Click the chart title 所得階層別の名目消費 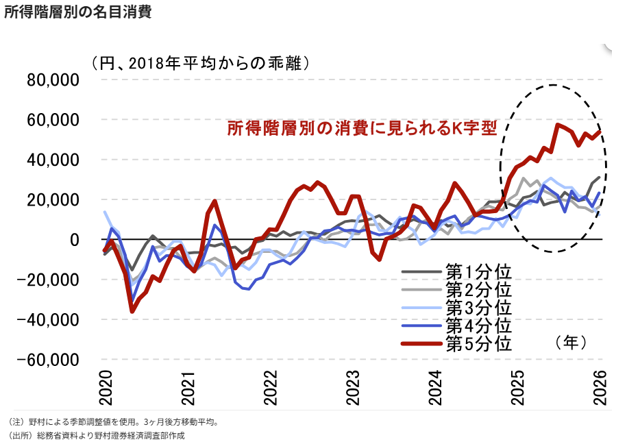pyautogui.click(x=78, y=12)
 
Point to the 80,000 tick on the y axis pyautogui.click(x=53, y=80)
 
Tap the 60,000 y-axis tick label pyautogui.click(x=53, y=120)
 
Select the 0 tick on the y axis pyautogui.click(x=75, y=240)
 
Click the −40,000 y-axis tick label pyautogui.click(x=48, y=320)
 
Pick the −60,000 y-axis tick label pyautogui.click(x=48, y=360)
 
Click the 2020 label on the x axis pyautogui.click(x=106, y=388)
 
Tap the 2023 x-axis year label pyautogui.click(x=354, y=388)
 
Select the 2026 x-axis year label pyautogui.click(x=601, y=388)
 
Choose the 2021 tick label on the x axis pyautogui.click(x=188, y=388)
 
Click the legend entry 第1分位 pyautogui.click(x=456, y=272)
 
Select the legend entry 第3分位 pyautogui.click(x=456, y=308)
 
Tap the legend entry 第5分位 pyautogui.click(x=456, y=343)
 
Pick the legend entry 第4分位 pyautogui.click(x=456, y=326)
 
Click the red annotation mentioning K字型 pyautogui.click(x=362, y=128)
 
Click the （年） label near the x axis pyautogui.click(x=571, y=343)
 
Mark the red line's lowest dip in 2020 pyautogui.click(x=132, y=311)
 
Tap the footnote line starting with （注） pyautogui.click(x=113, y=421)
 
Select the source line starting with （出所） pyautogui.click(x=96, y=436)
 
